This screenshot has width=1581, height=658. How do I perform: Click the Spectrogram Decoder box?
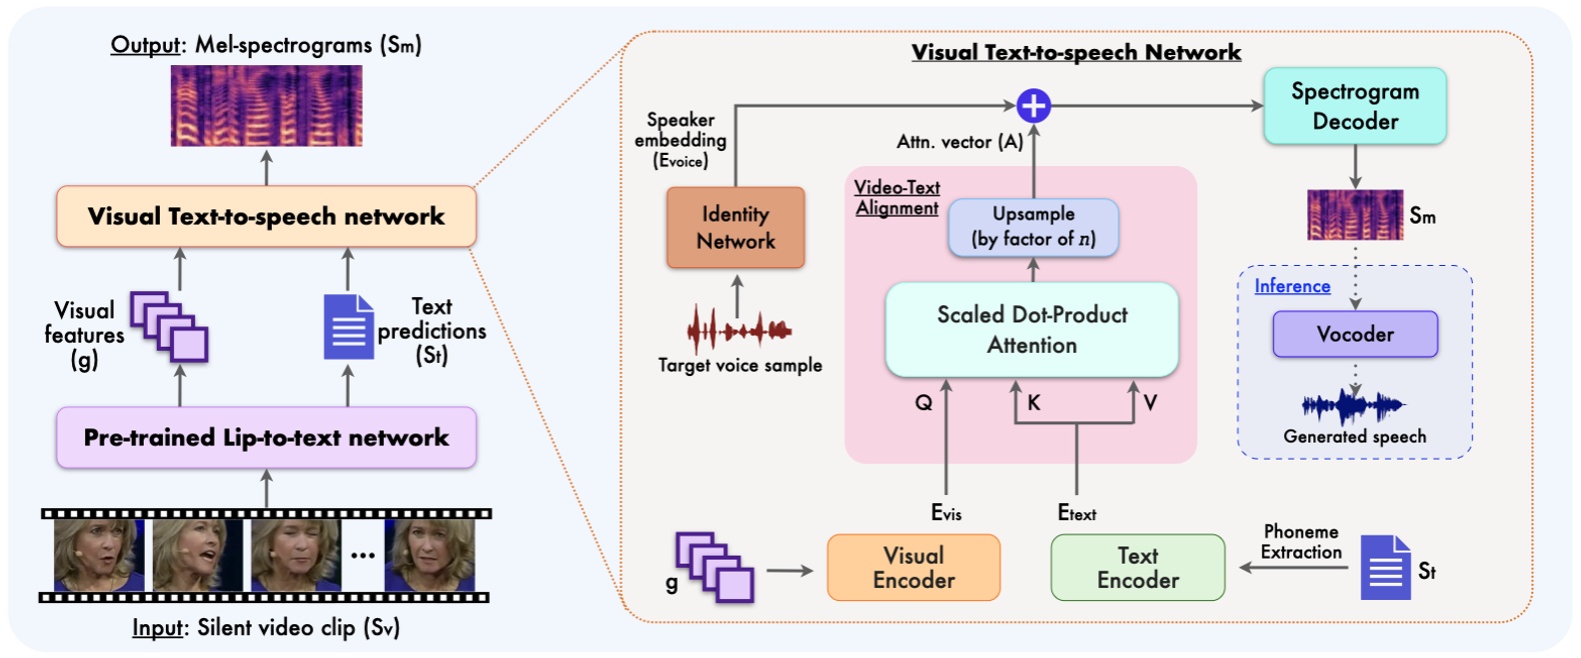1354,106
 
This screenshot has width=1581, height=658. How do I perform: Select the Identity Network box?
736,228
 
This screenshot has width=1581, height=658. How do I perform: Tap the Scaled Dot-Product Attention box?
1032,330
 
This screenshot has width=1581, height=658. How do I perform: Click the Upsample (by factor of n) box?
1033,227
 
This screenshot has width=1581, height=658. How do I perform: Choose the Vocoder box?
1354,335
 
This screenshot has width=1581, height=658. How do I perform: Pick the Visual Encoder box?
913,568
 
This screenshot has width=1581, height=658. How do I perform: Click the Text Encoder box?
1137,568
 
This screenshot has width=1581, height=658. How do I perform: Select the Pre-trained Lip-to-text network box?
266,438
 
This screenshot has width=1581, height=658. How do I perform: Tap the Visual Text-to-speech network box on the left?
266,217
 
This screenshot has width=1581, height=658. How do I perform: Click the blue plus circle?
1033,105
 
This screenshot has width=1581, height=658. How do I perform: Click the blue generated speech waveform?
1353,406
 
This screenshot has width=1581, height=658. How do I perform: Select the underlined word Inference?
1292,287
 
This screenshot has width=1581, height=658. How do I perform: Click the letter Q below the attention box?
923,403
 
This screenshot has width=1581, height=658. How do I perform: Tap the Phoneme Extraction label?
1300,542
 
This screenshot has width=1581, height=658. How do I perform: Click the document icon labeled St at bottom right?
1385,568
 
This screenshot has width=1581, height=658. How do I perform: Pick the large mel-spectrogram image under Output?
266,106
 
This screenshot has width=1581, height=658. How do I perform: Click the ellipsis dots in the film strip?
363,556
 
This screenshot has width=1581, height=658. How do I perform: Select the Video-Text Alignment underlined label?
896,198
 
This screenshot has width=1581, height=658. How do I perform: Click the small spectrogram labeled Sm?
1354,216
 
